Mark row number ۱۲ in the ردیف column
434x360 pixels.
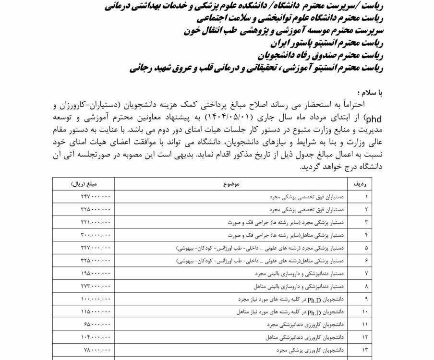pyautogui.click(x=367, y=338)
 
